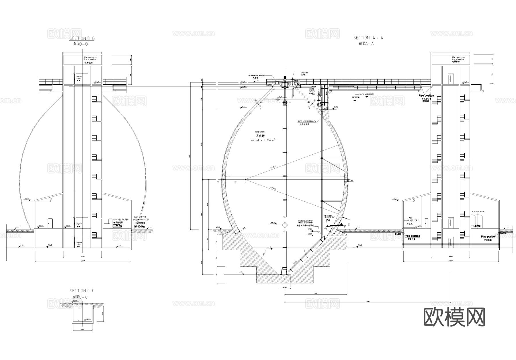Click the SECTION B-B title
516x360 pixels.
(x=82, y=38)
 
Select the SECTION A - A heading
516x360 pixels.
(x=368, y=38)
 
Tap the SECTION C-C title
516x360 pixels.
(x=82, y=291)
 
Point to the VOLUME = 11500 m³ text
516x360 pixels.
(x=262, y=140)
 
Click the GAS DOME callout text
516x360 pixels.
(x=304, y=73)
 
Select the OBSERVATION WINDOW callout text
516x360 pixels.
(x=257, y=75)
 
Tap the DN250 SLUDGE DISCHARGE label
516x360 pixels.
(x=307, y=121)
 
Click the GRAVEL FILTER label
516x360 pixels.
(x=121, y=219)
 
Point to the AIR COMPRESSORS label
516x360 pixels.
(x=411, y=219)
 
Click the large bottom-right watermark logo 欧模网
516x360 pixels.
(x=454, y=317)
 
